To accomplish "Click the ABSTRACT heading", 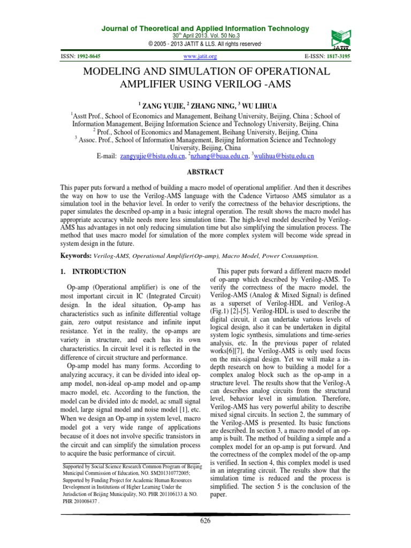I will pyautogui.click(x=205, y=172).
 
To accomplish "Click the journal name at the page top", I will pyautogui.click(x=205, y=28).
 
